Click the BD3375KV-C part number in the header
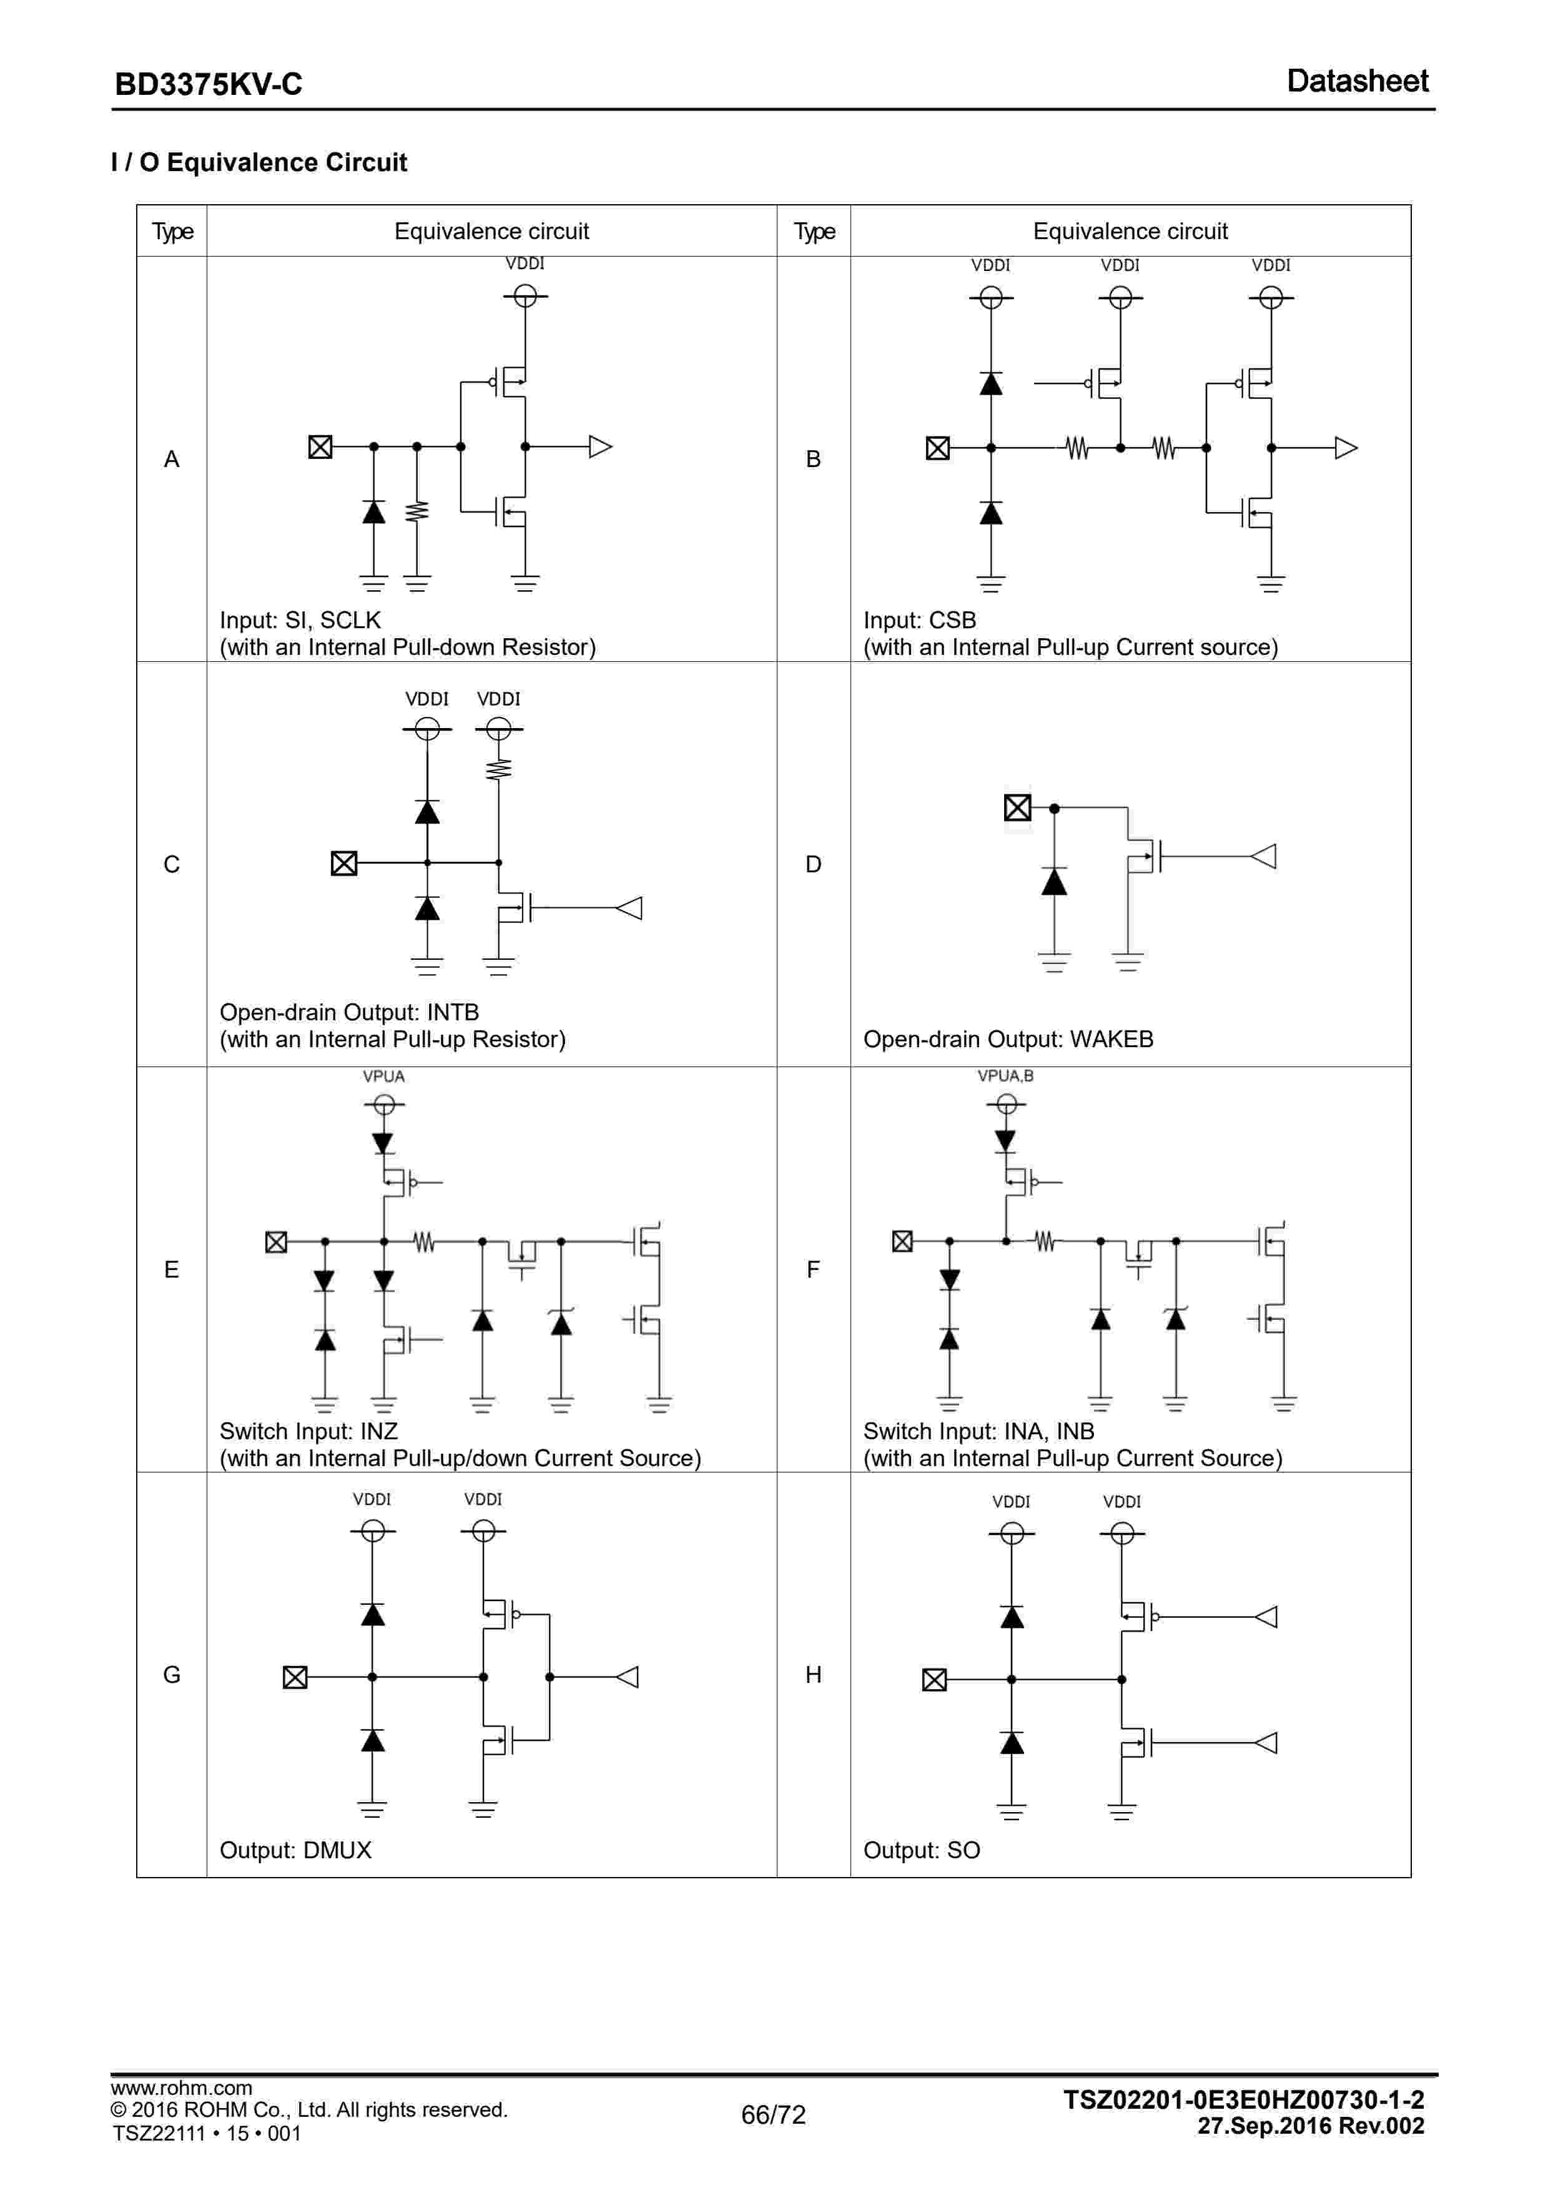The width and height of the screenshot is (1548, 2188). pos(208,85)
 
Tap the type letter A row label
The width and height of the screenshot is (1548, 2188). pos(172,460)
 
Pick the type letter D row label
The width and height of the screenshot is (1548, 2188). pos(813,864)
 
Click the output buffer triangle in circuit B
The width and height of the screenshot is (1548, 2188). pos(1345,448)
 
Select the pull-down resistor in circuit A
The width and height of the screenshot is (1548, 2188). pos(417,512)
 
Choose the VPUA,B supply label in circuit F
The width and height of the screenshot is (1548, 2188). pos(1005,1076)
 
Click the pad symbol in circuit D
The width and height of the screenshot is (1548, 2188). pos(1017,808)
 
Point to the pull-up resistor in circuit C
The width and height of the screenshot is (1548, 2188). pos(498,768)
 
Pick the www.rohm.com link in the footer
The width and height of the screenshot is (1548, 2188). pos(181,2088)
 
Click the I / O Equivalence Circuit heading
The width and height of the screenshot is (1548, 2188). pos(259,163)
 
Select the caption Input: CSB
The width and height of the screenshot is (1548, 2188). pos(919,621)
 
